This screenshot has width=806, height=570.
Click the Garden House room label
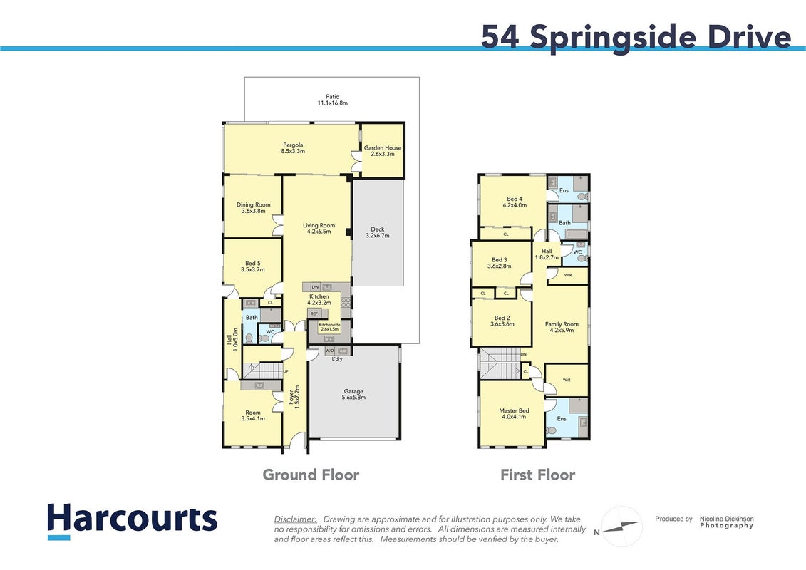coord(383,150)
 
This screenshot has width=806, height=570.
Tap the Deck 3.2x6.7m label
coord(377,232)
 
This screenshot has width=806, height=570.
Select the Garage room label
coord(353,394)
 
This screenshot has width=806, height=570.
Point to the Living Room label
coord(319,228)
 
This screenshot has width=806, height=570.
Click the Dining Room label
coord(254,207)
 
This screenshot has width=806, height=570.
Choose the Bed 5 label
coord(253,266)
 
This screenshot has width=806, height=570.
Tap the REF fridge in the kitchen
coord(314,313)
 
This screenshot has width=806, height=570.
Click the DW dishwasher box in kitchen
coord(315,287)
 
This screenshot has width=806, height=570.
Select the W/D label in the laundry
coord(329,351)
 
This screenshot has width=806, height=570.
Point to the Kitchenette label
coord(329,327)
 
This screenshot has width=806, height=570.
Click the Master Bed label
coord(514,414)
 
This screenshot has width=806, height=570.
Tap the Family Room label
coord(562,328)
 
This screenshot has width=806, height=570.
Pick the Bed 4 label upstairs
coord(515,202)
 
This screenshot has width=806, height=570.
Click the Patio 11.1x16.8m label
coord(333,100)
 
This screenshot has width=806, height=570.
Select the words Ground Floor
coord(311,475)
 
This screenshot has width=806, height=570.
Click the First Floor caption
coord(537,475)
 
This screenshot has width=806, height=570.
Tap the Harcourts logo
coord(132,521)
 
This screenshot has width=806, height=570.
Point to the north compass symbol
coord(621,527)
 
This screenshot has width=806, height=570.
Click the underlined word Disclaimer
coord(295,519)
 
